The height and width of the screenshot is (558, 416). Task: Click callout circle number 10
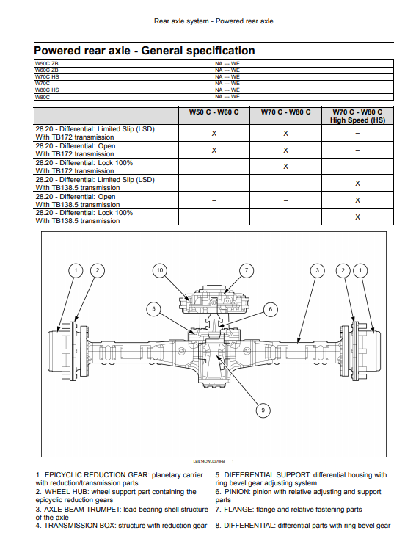point(160,270)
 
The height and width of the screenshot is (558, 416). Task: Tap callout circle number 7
point(247,270)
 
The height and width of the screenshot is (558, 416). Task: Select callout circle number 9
point(263,410)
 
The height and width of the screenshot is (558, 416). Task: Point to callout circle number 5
point(153,309)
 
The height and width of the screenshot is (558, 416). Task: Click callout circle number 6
point(271,309)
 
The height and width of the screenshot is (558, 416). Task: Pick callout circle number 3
point(318,270)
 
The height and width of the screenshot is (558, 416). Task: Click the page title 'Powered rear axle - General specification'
point(145,51)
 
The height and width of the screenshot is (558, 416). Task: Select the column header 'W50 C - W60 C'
point(214,112)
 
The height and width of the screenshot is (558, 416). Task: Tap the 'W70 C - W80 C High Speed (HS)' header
point(357,116)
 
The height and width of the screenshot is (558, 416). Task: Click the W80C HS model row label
point(47,90)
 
